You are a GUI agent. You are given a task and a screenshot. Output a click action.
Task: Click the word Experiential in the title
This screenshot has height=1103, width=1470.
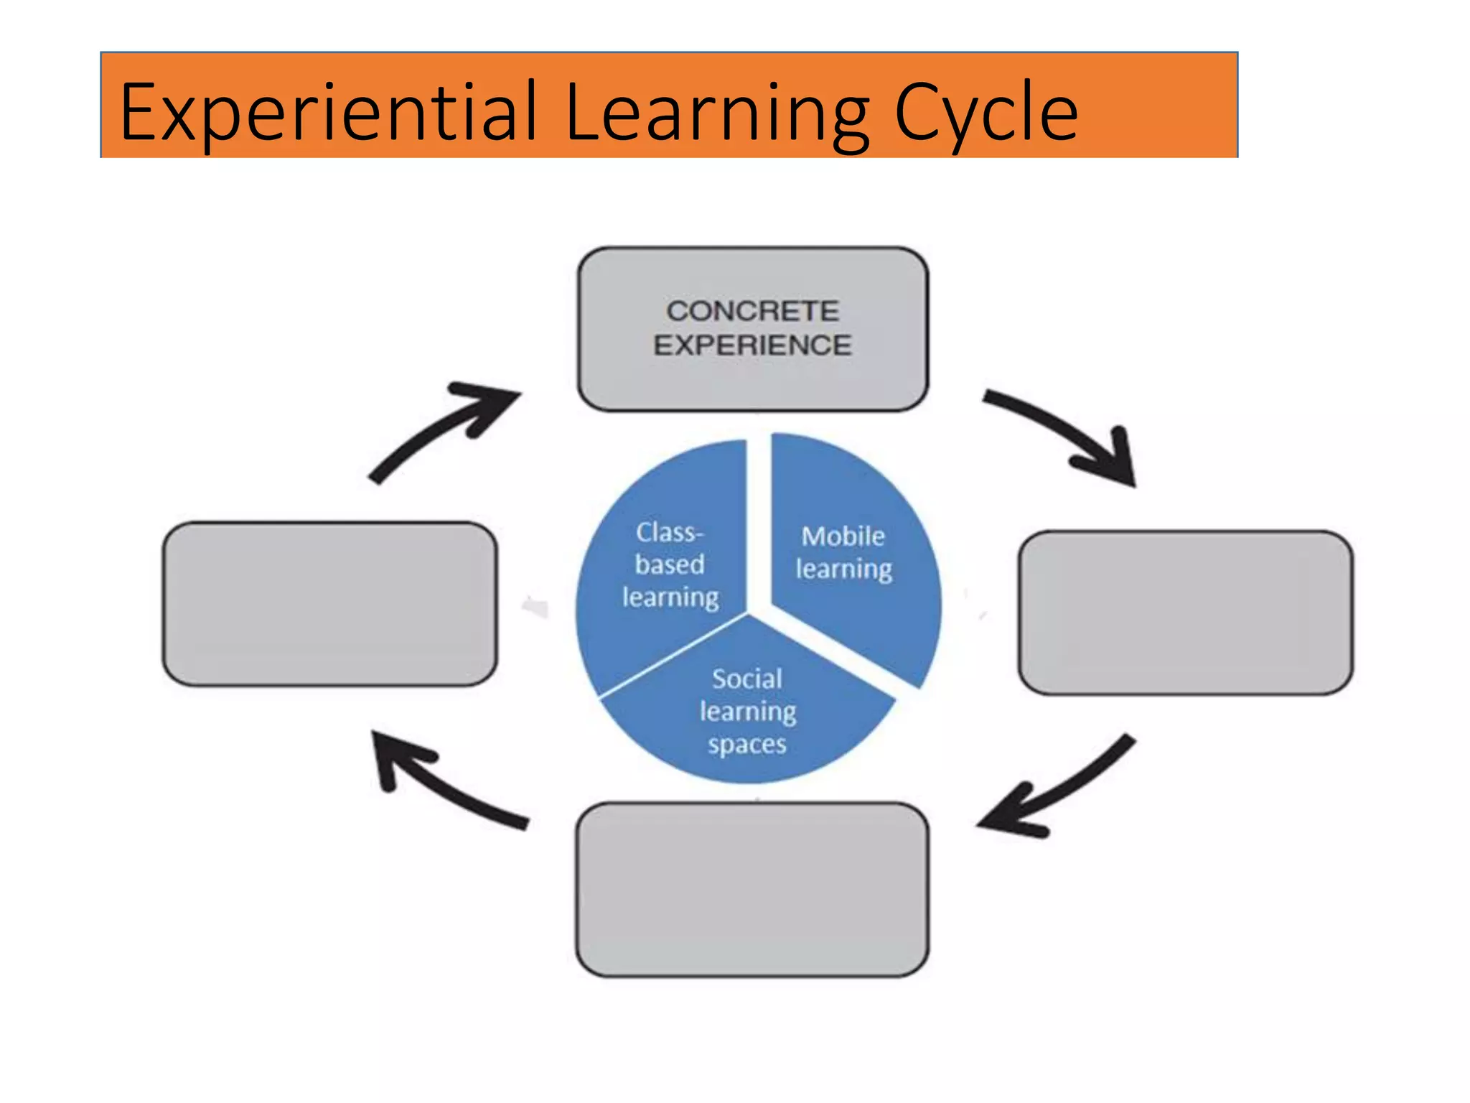pos(329,113)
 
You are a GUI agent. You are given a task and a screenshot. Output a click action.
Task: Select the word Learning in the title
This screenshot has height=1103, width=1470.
pos(717,113)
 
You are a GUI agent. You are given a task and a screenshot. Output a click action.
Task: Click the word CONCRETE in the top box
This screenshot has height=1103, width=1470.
pos(752,311)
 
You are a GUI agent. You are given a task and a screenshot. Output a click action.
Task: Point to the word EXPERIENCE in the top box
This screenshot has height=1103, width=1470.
pos(752,345)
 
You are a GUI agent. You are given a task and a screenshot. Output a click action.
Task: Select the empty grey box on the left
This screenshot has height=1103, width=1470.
pos(329,604)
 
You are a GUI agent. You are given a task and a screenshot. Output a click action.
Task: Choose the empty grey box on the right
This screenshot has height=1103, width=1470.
pos(1186,613)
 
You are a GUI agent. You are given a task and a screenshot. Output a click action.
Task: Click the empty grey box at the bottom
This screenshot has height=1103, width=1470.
pos(752,889)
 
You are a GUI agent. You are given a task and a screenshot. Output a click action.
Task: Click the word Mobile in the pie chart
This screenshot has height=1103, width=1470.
pos(843,536)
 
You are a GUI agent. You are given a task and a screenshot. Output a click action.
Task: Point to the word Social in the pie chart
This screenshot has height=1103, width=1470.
pos(747,679)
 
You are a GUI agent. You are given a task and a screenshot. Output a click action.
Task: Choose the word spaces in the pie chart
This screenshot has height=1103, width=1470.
pos(747,745)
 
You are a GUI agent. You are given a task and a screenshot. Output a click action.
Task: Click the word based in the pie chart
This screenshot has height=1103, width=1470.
pos(670,564)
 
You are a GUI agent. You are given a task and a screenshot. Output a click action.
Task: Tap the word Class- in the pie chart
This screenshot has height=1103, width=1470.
pos(670,532)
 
